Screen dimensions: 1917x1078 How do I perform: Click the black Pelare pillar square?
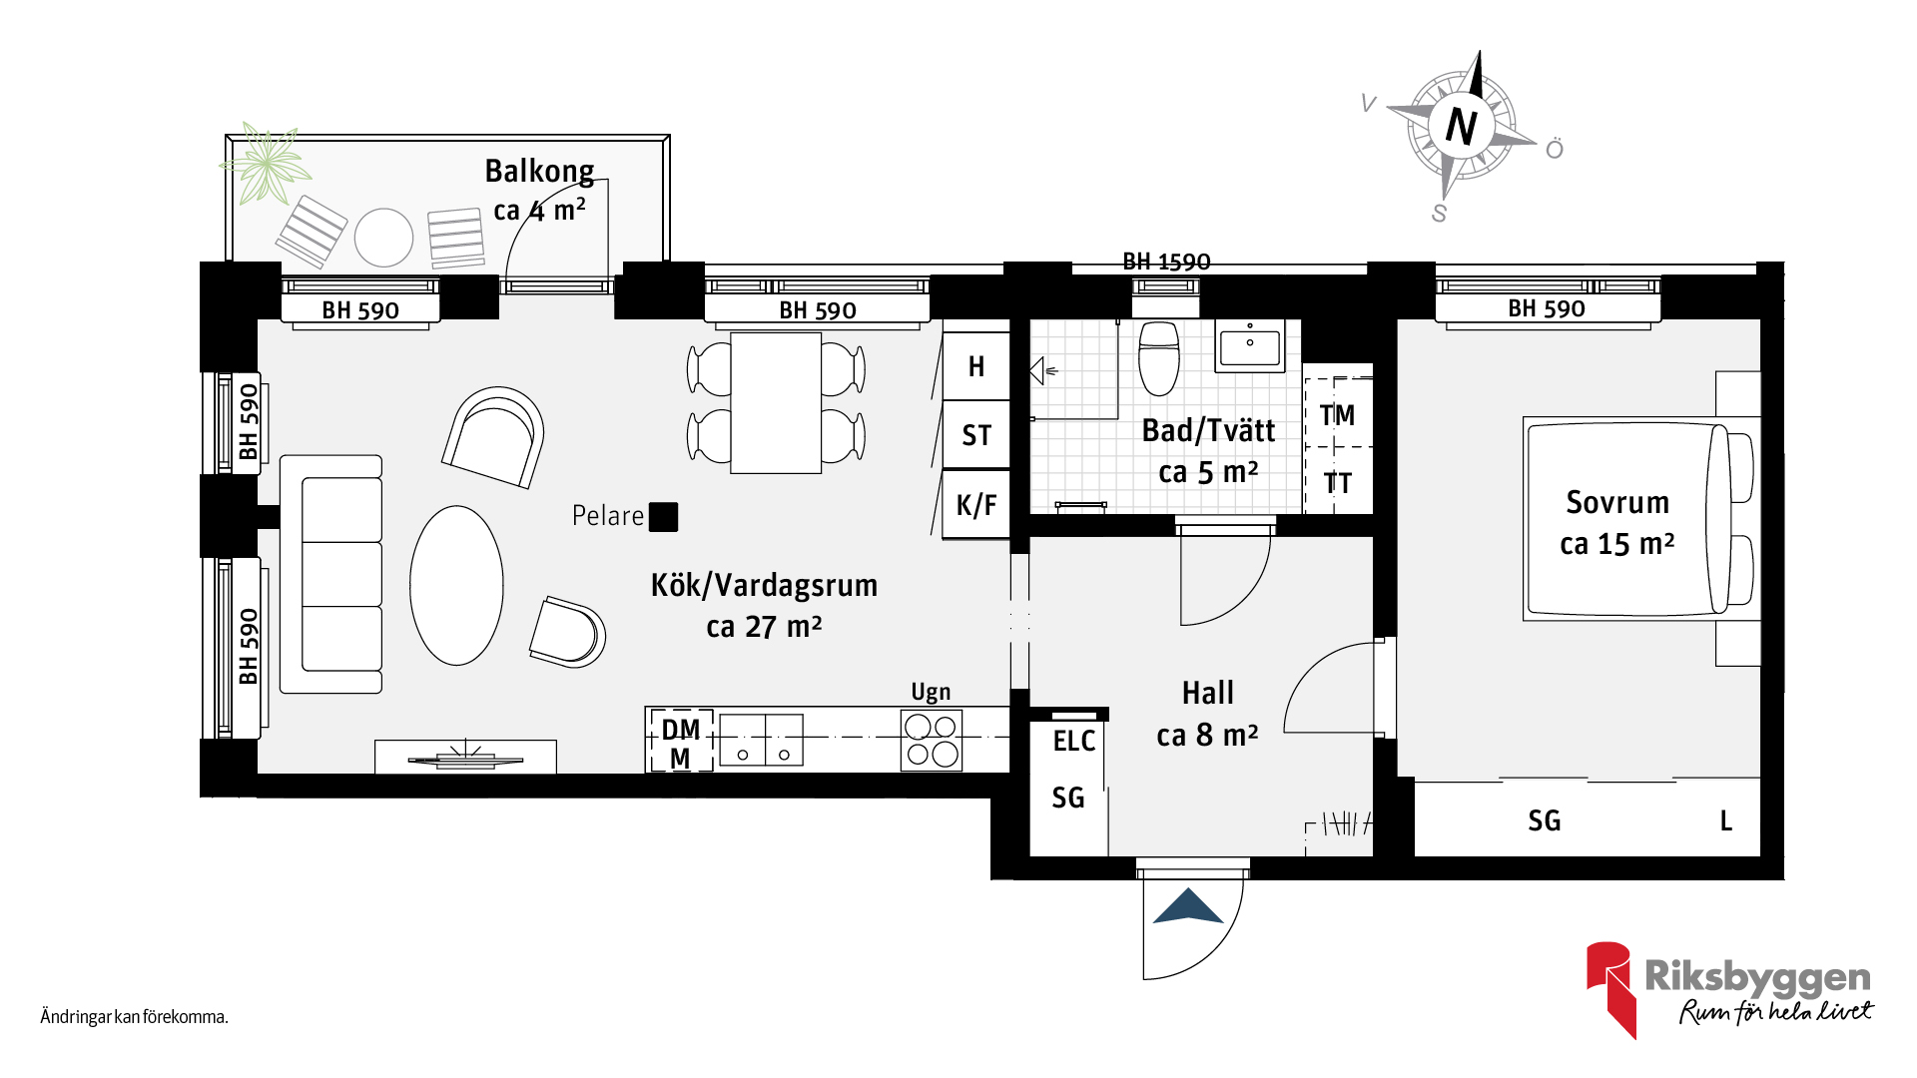(x=663, y=517)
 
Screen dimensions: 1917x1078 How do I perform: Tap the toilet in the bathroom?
(x=1159, y=357)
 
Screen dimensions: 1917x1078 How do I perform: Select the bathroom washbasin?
(x=1249, y=345)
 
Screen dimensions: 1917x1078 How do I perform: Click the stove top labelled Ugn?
(x=931, y=740)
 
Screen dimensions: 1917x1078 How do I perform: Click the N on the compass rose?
(x=1462, y=126)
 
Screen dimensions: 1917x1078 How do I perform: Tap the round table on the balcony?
(x=384, y=238)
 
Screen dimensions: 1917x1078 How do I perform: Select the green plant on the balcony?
(x=265, y=164)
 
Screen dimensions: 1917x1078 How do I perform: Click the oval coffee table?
(x=456, y=585)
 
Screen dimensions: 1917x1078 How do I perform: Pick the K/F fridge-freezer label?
(x=976, y=505)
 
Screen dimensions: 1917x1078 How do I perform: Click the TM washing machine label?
(x=1337, y=414)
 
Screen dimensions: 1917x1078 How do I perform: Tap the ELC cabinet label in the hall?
(x=1074, y=741)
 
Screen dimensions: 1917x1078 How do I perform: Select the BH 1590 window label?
(x=1166, y=262)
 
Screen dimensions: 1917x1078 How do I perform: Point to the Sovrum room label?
(x=1617, y=502)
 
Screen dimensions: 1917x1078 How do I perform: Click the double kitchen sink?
(x=761, y=740)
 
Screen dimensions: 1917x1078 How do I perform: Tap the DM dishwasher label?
(x=681, y=730)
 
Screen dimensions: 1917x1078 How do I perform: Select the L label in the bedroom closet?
(x=1726, y=820)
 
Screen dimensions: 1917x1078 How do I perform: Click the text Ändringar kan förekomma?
(x=135, y=1017)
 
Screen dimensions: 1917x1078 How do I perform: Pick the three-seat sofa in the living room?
(x=331, y=574)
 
